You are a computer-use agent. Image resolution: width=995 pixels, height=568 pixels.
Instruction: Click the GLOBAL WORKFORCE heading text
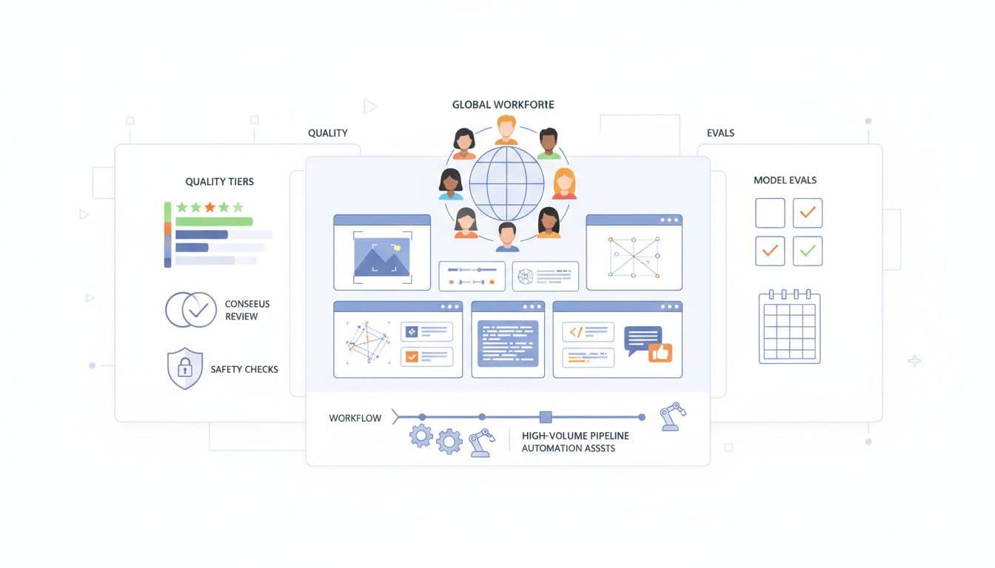[x=503, y=105]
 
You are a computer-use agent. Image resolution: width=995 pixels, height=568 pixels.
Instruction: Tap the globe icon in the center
[x=506, y=183]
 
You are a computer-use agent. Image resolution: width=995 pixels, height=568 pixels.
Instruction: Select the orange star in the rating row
[x=210, y=207]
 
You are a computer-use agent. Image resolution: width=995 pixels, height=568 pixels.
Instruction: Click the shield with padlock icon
[x=184, y=368]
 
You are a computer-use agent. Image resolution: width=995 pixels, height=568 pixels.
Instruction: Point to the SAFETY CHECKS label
[x=244, y=369]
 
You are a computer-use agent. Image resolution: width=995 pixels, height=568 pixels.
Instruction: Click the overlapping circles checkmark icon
[x=190, y=310]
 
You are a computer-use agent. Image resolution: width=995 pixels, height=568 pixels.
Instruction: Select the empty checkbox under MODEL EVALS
[x=770, y=213]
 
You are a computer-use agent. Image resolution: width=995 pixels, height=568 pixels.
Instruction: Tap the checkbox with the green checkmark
[x=808, y=251]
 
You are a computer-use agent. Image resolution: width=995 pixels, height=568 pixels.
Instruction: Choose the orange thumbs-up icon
[x=660, y=353]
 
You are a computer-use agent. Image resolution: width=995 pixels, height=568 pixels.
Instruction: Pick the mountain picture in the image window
[x=382, y=256]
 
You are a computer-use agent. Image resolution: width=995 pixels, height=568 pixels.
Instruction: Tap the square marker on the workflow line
[x=546, y=417]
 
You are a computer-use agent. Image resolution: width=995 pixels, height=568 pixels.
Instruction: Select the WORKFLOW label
[x=355, y=418]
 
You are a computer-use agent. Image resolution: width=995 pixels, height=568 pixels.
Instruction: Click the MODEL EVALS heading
[x=785, y=180]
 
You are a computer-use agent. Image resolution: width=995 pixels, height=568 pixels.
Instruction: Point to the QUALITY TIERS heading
[x=219, y=181]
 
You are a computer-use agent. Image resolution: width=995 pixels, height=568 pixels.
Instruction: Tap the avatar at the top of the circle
[x=506, y=130]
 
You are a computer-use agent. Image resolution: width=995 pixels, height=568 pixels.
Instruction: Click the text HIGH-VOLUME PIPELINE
[x=575, y=436]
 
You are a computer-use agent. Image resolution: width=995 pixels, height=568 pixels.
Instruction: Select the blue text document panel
[x=508, y=343]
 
